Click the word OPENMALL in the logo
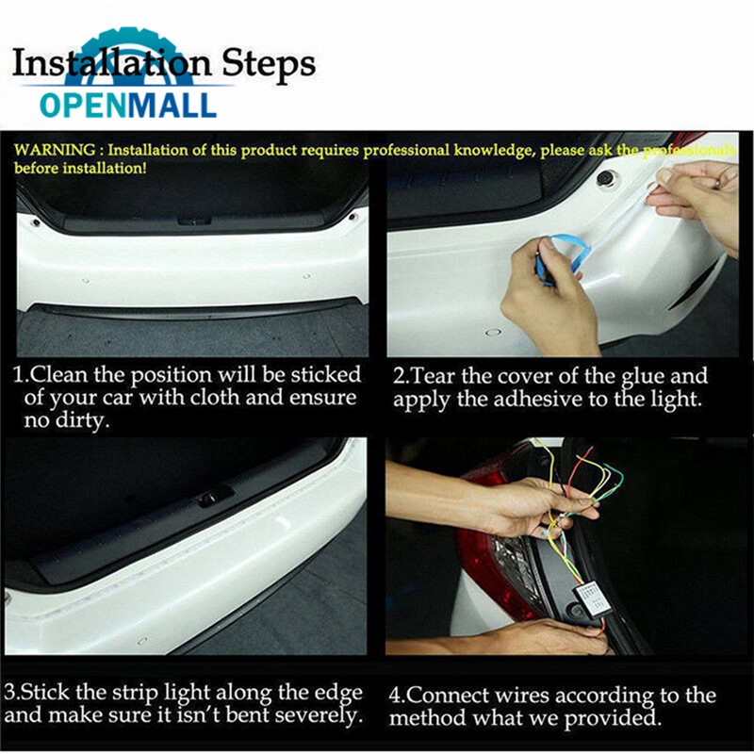[x=128, y=106]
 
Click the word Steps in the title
[x=269, y=64]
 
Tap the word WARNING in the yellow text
[x=55, y=150]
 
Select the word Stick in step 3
[x=45, y=693]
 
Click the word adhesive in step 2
[x=541, y=399]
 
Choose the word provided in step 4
[x=611, y=718]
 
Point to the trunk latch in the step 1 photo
[x=194, y=221]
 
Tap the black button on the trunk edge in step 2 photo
[x=605, y=179]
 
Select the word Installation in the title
[x=111, y=64]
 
